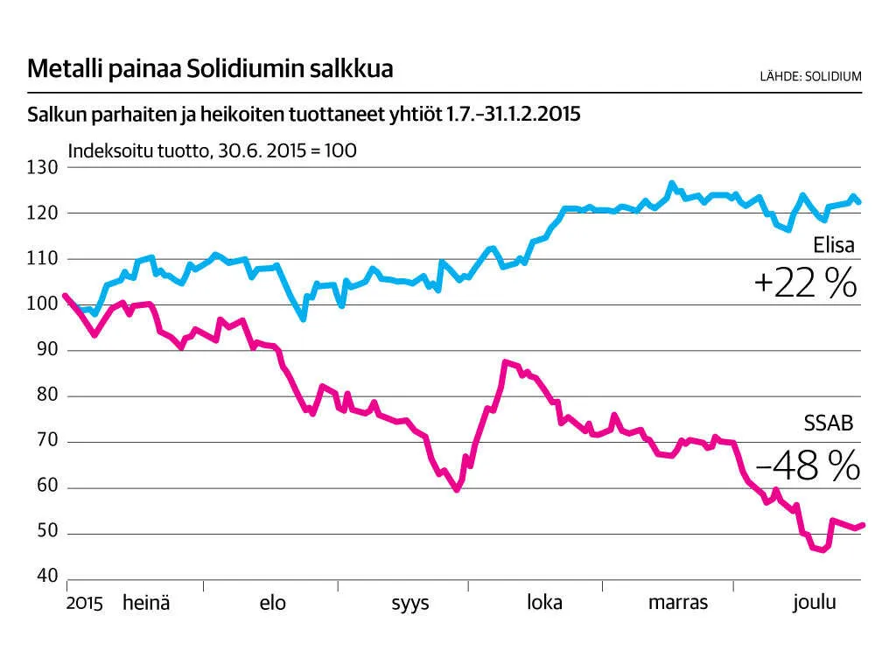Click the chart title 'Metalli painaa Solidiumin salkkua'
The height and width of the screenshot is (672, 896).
coord(210,69)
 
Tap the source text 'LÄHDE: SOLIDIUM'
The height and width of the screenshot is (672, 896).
coord(810,76)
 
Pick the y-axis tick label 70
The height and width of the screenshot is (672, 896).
coord(45,441)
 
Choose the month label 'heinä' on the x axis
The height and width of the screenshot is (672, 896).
coord(146,603)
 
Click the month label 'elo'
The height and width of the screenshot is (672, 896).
coord(272,603)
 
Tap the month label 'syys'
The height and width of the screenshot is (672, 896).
coord(409,604)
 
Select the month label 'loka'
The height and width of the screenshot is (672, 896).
coord(544,603)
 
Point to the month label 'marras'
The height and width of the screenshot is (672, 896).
coord(678,603)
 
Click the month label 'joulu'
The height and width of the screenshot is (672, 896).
coord(815,603)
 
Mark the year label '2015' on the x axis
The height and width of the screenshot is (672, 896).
coord(84,604)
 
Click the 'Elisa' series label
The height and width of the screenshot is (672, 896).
coord(832,247)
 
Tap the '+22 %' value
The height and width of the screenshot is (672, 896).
coord(804,283)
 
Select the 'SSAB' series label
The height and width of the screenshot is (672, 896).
coord(829,424)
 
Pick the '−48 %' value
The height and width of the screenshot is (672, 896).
coord(807,467)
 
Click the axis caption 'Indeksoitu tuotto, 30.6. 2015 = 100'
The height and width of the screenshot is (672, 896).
coord(212,150)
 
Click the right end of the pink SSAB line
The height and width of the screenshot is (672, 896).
coord(862,525)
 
